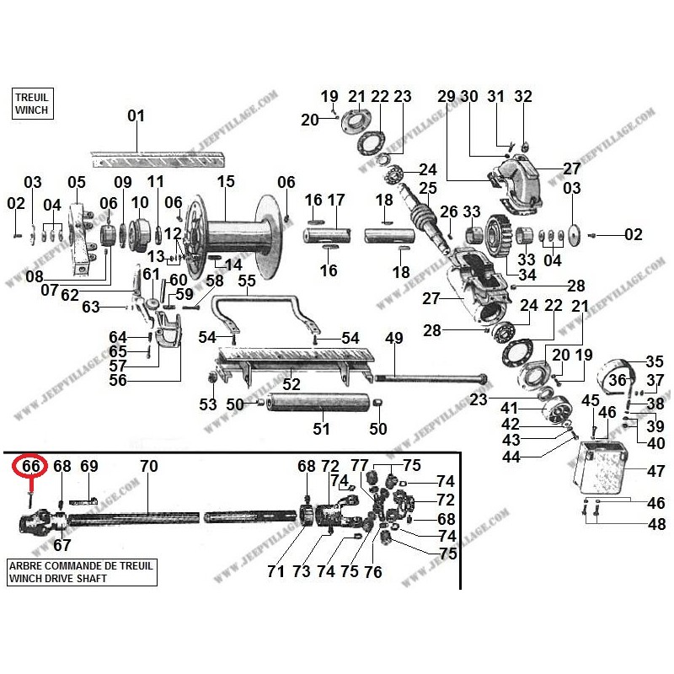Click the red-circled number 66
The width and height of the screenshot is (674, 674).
[31, 466]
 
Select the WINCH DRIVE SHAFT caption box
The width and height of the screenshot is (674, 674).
[81, 572]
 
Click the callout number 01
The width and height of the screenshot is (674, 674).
[136, 116]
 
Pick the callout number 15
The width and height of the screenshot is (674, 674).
[225, 181]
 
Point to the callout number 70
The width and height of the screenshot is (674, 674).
[148, 466]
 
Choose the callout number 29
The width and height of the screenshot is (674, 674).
[447, 96]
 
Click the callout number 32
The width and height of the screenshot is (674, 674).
[523, 96]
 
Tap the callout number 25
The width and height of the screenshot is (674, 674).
[428, 187]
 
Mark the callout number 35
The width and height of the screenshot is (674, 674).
[655, 361]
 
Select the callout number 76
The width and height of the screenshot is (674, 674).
[372, 571]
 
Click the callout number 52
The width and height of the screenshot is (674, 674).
[292, 385]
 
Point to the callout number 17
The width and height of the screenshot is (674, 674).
[336, 200]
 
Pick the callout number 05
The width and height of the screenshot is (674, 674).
[77, 182]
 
